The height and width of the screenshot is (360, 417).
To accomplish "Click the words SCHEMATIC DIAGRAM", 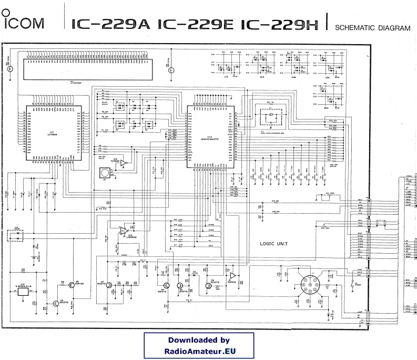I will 372,28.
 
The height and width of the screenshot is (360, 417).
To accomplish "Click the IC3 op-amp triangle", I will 124,230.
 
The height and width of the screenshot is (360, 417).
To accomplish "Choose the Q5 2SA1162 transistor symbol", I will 72,284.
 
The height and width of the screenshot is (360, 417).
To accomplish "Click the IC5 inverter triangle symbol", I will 123,164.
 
